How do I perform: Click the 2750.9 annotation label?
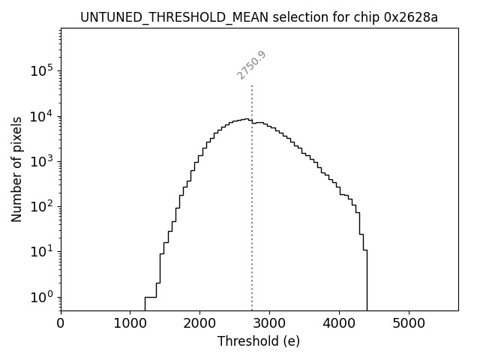tap(252, 65)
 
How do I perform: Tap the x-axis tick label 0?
tap(61, 324)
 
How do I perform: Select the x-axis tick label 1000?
tap(130, 324)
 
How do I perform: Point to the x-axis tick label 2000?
tap(199, 324)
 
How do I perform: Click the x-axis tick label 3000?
tap(269, 324)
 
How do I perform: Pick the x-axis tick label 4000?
tap(339, 324)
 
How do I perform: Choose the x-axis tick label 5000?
tap(409, 324)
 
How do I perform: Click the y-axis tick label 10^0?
tap(42, 297)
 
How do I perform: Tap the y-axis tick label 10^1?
tap(42, 252)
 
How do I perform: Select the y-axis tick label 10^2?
tap(42, 206)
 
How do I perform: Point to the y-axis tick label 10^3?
tap(42, 161)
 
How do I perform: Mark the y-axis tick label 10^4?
tap(42, 116)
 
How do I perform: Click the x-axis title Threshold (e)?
tap(259, 341)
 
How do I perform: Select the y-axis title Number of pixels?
tap(16, 169)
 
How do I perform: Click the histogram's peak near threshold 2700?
tap(245, 118)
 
